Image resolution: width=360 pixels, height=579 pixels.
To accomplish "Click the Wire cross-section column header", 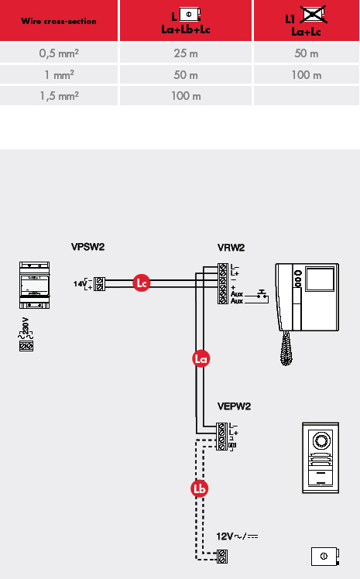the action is (x=59, y=21).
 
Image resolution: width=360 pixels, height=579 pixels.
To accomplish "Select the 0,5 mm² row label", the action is (x=59, y=53).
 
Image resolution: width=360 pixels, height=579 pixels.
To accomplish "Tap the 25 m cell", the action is (x=186, y=53).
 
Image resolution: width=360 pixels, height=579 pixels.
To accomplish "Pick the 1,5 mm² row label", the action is (x=59, y=96).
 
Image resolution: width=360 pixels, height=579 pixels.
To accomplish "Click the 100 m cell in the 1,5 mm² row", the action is (x=186, y=96).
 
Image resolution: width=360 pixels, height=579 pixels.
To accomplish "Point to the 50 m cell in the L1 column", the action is (x=306, y=53).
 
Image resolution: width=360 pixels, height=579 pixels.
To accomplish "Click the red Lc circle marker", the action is (x=142, y=283).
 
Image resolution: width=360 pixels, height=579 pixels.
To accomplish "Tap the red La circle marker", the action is (x=201, y=358).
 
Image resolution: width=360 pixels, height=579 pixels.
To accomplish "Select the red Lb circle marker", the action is (x=200, y=488).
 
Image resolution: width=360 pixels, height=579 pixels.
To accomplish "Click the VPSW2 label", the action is (x=88, y=247).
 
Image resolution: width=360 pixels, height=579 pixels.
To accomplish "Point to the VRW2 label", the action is (x=231, y=248).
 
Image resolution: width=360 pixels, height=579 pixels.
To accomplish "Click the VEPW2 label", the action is (x=234, y=406).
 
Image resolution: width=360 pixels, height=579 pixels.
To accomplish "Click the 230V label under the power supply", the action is (x=25, y=326).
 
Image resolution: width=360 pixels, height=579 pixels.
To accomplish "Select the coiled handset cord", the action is (x=286, y=348).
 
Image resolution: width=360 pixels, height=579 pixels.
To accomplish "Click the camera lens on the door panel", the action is (x=320, y=440).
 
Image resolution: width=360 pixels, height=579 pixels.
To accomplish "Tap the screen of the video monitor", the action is (x=320, y=279).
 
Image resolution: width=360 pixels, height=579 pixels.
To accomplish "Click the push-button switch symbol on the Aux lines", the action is (x=262, y=294).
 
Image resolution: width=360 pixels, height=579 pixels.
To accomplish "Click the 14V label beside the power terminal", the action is (x=80, y=283).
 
